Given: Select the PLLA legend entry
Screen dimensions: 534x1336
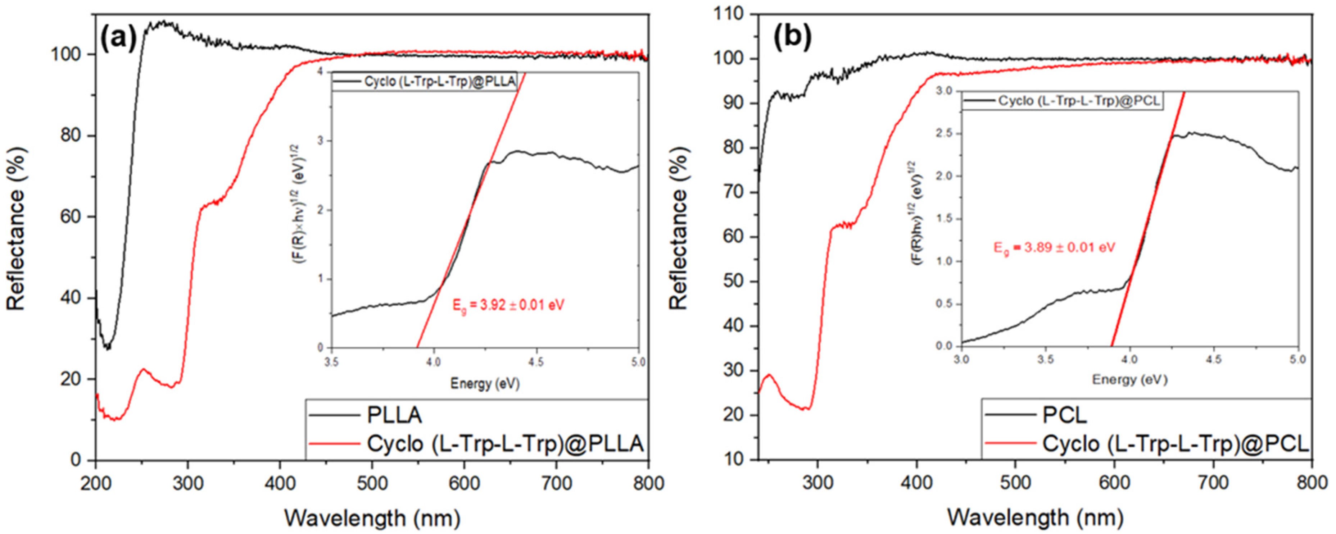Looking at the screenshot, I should (394, 415).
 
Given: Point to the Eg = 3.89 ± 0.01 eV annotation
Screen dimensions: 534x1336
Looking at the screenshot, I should (1054, 248).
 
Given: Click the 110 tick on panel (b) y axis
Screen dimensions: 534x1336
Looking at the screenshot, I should (737, 14).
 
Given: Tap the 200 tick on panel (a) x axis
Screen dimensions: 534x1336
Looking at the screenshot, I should (96, 484).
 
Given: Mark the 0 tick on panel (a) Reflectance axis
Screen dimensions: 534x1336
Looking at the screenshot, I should (75, 460).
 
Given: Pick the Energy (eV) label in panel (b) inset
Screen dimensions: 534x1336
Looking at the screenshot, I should (1129, 379).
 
